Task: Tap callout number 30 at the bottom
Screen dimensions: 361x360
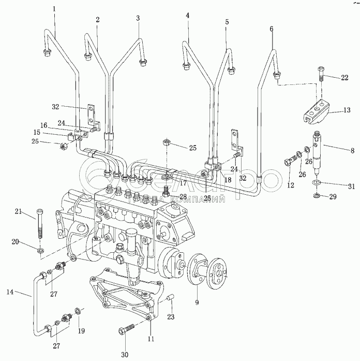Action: pos(124,354)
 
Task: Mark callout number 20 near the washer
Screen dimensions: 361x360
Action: pos(15,241)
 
